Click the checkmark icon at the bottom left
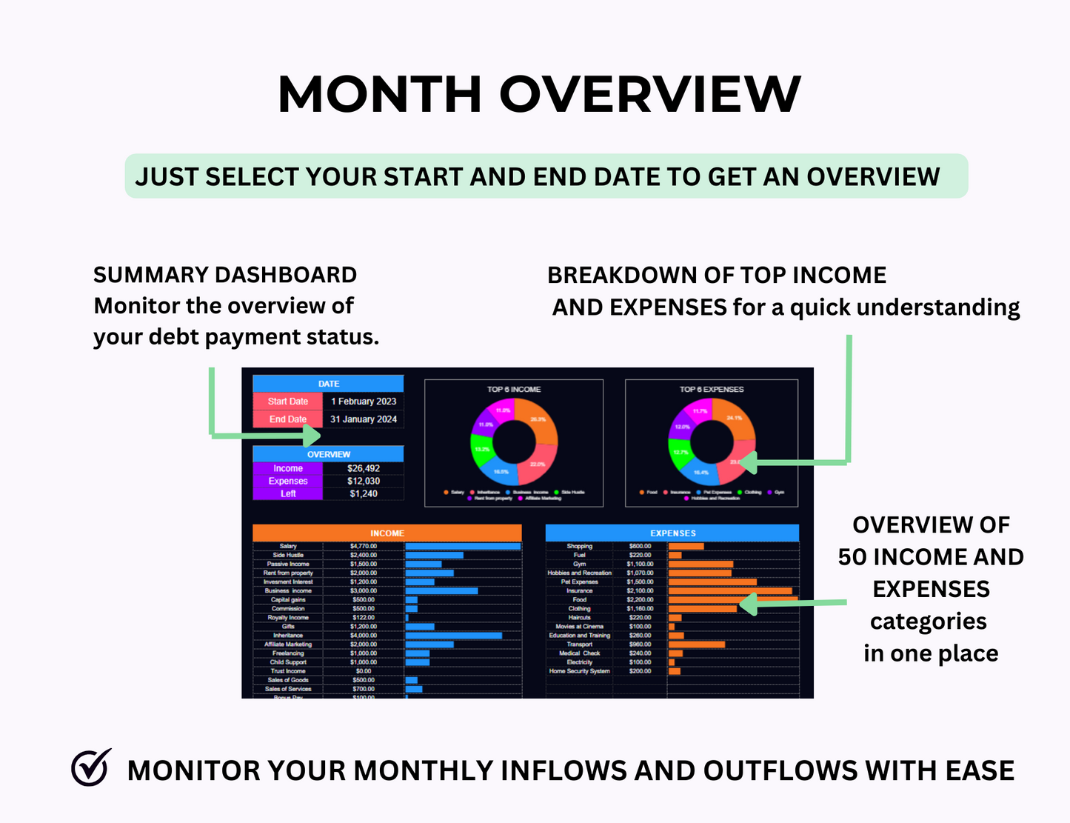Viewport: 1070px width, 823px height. (x=91, y=767)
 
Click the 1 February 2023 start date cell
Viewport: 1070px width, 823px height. (x=363, y=401)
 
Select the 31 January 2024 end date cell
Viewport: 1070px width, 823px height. (x=363, y=419)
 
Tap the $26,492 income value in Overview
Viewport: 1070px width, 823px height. (x=363, y=468)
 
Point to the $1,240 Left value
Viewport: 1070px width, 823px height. (x=363, y=493)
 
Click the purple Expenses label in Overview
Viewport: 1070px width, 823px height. (x=288, y=481)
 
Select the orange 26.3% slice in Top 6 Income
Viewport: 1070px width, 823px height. (x=538, y=420)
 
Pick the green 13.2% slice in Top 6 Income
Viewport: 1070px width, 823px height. (x=482, y=449)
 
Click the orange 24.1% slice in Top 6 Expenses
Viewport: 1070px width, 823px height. (x=735, y=419)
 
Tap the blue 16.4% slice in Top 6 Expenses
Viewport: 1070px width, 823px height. (x=700, y=471)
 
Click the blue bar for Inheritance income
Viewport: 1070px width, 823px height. (x=453, y=636)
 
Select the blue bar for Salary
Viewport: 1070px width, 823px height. (x=463, y=546)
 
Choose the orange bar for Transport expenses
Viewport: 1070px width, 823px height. (x=696, y=644)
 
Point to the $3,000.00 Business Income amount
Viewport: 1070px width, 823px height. (x=363, y=591)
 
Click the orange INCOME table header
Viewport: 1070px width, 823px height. (x=387, y=533)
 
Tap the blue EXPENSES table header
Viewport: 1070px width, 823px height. (x=672, y=533)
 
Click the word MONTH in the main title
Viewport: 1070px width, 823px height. (x=379, y=94)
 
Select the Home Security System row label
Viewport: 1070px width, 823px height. (x=579, y=671)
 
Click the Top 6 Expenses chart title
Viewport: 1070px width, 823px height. (x=711, y=389)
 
